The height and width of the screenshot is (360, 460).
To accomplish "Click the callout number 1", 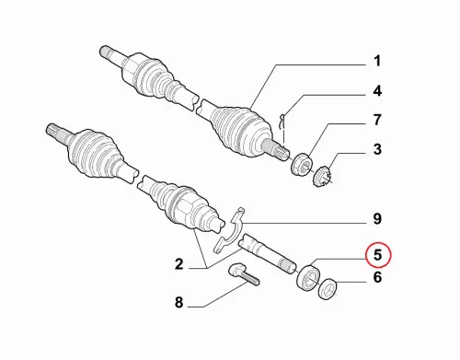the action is coord(377,61).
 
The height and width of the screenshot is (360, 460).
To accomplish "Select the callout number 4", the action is coord(377,91).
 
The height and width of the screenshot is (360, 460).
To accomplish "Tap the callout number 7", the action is coord(377,120).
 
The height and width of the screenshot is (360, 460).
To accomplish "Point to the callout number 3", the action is coord(377,149).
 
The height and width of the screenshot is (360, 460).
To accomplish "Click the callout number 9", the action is coord(377,219).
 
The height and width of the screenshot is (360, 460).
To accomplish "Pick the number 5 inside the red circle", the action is coord(377,255).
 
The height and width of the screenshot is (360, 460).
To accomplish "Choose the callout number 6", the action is coord(377,277).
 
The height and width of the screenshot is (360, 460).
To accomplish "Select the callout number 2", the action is coord(178,264).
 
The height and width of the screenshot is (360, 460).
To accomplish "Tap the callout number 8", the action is coord(178,302).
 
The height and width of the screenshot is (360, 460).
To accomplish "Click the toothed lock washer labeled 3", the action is coord(322,176).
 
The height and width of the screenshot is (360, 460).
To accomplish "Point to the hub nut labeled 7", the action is coord(301,164).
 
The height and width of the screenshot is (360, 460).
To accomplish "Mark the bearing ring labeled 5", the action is coord(308,277).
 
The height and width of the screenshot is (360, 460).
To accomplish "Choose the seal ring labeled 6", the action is coord(328,288).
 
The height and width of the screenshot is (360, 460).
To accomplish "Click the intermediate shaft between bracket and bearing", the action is coord(268,252).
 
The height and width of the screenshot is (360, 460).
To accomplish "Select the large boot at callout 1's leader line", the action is coord(241,129).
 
